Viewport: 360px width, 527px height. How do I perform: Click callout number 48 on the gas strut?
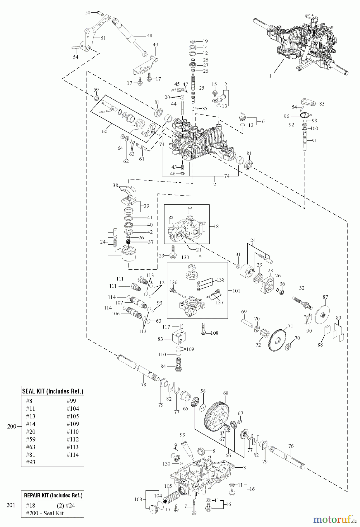coord(149,36)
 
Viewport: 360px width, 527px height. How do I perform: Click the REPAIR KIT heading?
coord(53,495)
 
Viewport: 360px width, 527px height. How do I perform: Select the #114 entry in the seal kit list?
coord(73,455)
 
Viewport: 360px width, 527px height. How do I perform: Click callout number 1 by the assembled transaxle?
coord(270,76)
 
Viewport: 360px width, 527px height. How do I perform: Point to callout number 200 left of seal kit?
coord(12,426)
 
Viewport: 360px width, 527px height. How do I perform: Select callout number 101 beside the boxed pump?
coord(236,291)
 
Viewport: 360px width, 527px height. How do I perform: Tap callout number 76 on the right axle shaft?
coord(291,446)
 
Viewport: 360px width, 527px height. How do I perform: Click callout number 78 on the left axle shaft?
coord(143,385)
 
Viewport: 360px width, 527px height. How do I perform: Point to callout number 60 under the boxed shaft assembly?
coord(104,131)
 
